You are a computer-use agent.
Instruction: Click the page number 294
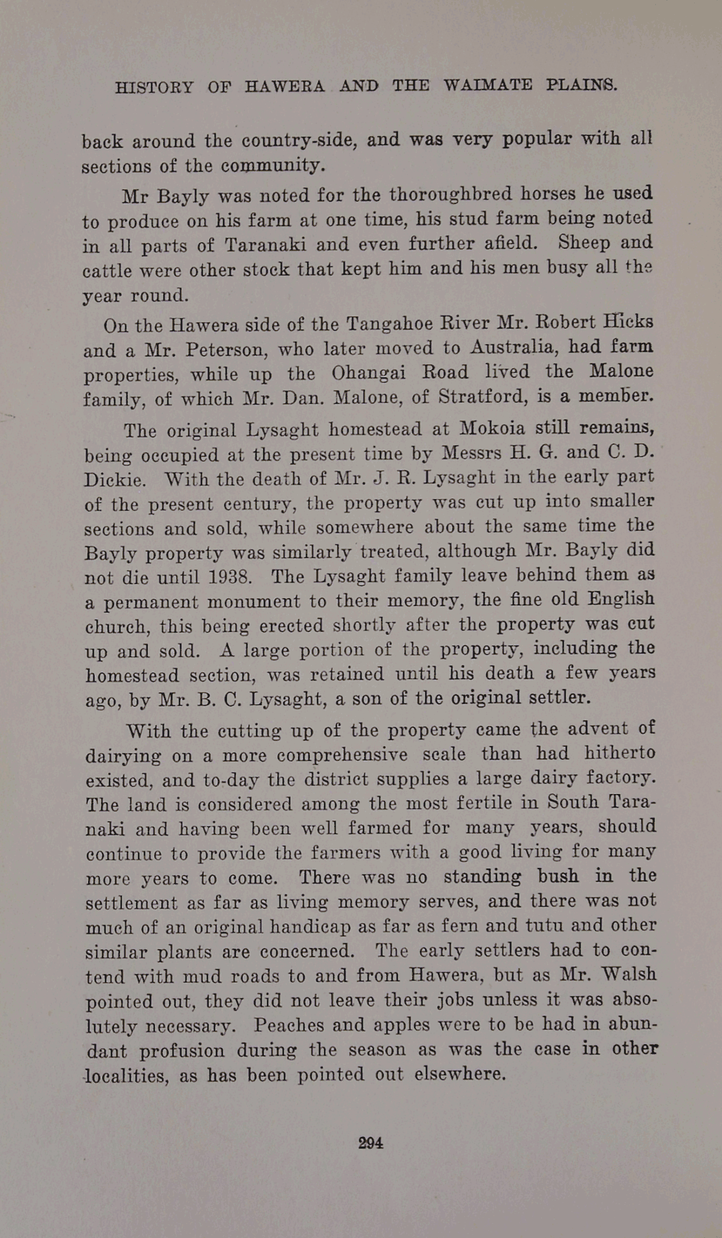point(370,1143)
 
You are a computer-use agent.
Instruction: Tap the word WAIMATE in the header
point(488,85)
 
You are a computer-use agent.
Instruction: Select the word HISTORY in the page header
point(154,88)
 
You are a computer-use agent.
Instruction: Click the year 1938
point(230,577)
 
